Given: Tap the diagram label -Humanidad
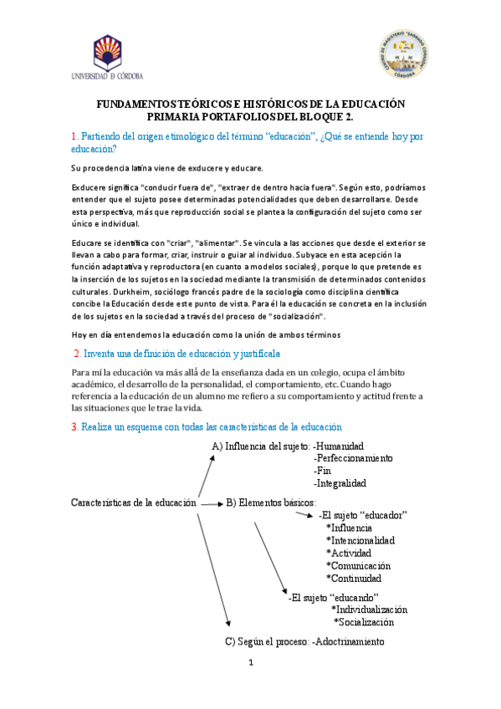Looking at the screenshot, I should pyautogui.click(x=339, y=446).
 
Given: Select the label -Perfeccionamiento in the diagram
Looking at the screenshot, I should pyautogui.click(x=353, y=458).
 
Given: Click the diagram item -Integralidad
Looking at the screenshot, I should pyautogui.click(x=340, y=482).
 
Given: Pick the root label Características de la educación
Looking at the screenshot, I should pyautogui.click(x=134, y=502).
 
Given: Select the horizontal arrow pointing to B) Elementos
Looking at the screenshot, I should pyautogui.click(x=213, y=503).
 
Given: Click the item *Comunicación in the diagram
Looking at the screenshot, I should pyautogui.click(x=358, y=565).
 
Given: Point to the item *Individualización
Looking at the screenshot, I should pyautogui.click(x=370, y=610).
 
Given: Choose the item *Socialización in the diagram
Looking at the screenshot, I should pyautogui.click(x=364, y=622).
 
